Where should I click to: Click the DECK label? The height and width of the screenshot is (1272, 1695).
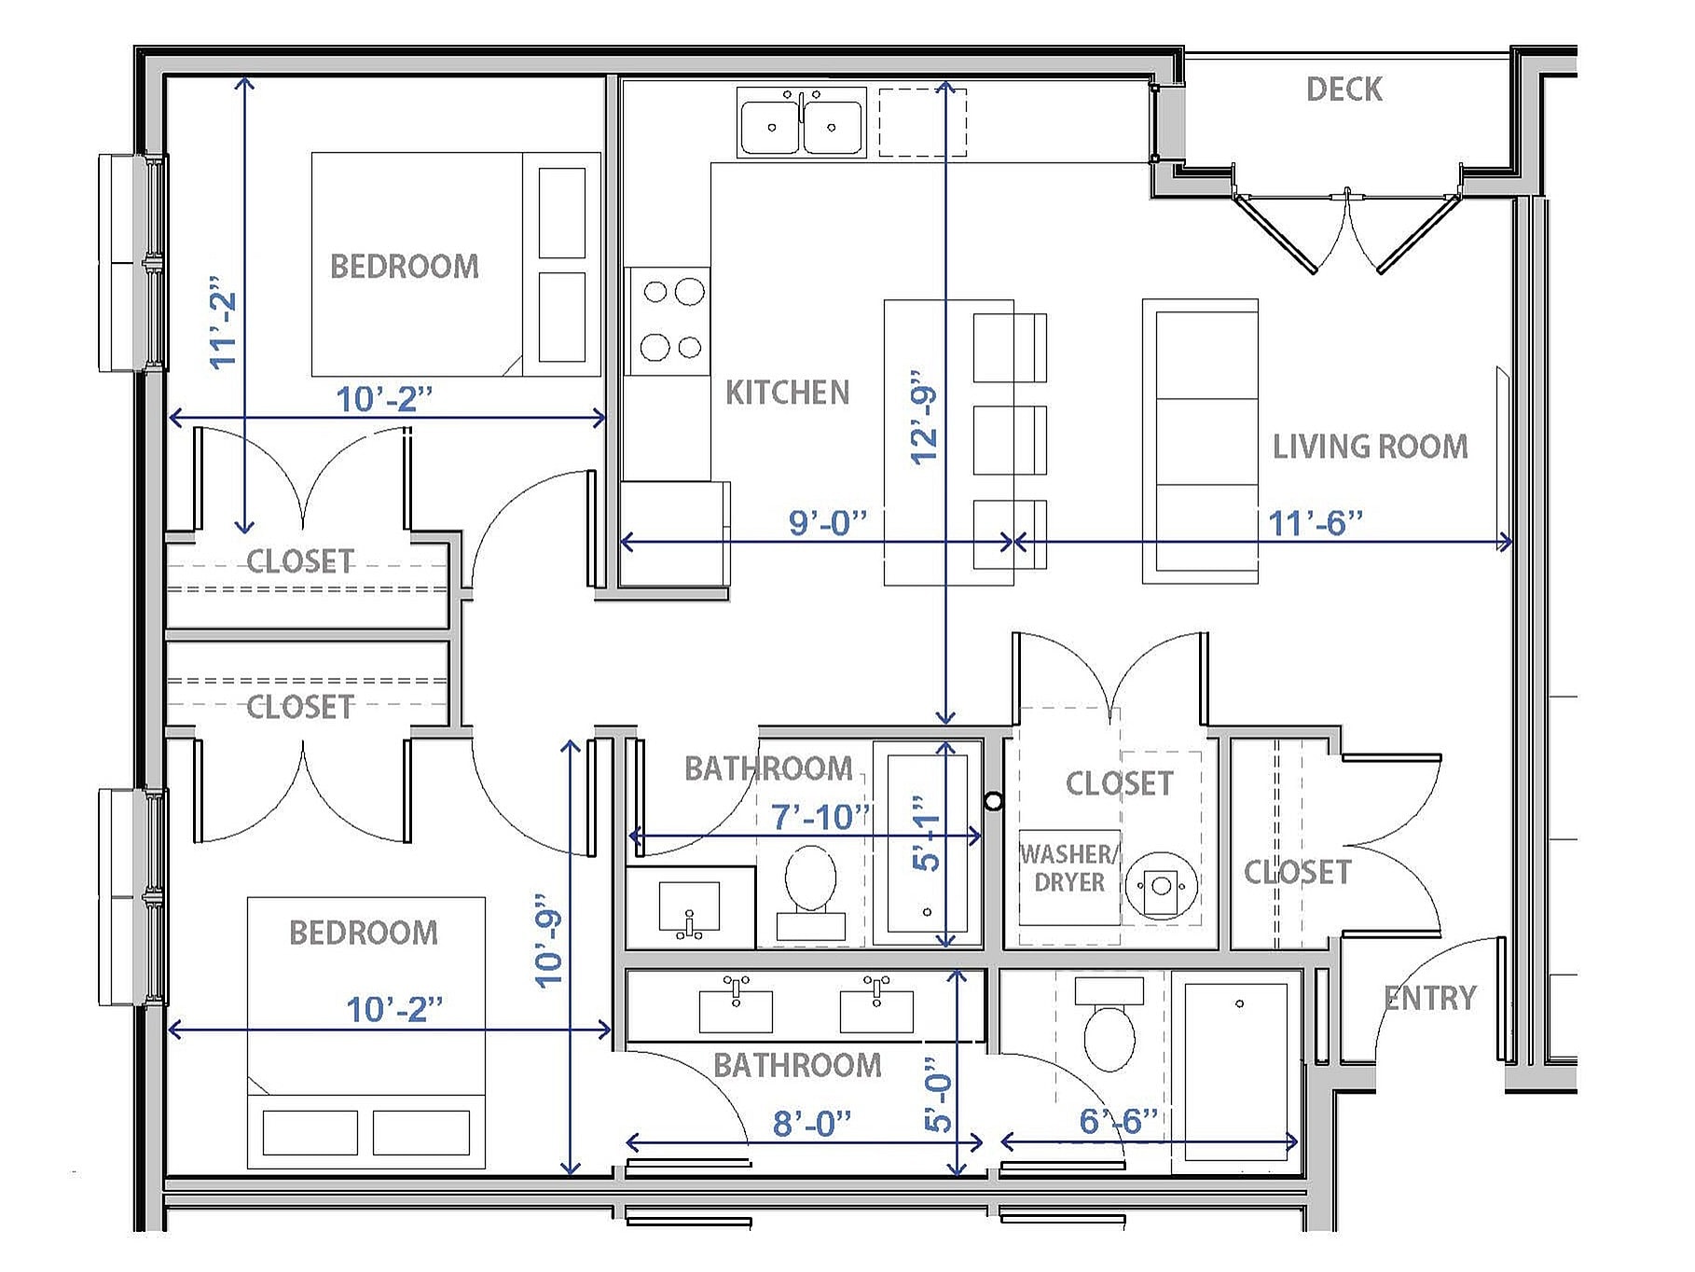pos(1344,90)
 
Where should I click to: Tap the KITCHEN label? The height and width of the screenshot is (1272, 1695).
pos(787,393)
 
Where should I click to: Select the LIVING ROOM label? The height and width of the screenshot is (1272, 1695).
pos(1370,447)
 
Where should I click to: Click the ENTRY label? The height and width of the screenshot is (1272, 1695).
pos(1430,999)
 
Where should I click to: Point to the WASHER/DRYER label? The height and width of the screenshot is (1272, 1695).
pos(1068,868)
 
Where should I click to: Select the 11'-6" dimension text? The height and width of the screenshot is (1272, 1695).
pos(1316,523)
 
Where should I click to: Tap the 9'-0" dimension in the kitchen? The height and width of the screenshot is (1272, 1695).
pos(828,523)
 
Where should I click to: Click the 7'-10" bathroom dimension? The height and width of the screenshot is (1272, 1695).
pos(820,818)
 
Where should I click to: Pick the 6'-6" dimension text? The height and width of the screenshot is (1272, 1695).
pos(1119,1121)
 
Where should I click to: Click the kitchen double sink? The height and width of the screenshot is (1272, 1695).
pos(801,122)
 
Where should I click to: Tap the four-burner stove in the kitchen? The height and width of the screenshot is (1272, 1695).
pos(668,321)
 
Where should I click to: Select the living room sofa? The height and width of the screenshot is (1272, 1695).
pos(1201,441)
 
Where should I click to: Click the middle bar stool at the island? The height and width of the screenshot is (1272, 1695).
pos(1009,440)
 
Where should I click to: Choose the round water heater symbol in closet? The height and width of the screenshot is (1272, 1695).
pos(1160,883)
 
